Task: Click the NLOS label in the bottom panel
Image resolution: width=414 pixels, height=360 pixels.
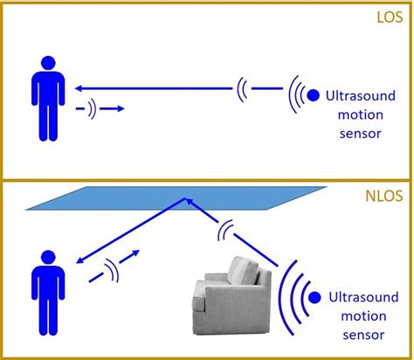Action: click(387, 197)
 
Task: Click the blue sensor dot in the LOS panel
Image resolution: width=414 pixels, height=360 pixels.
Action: click(314, 94)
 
